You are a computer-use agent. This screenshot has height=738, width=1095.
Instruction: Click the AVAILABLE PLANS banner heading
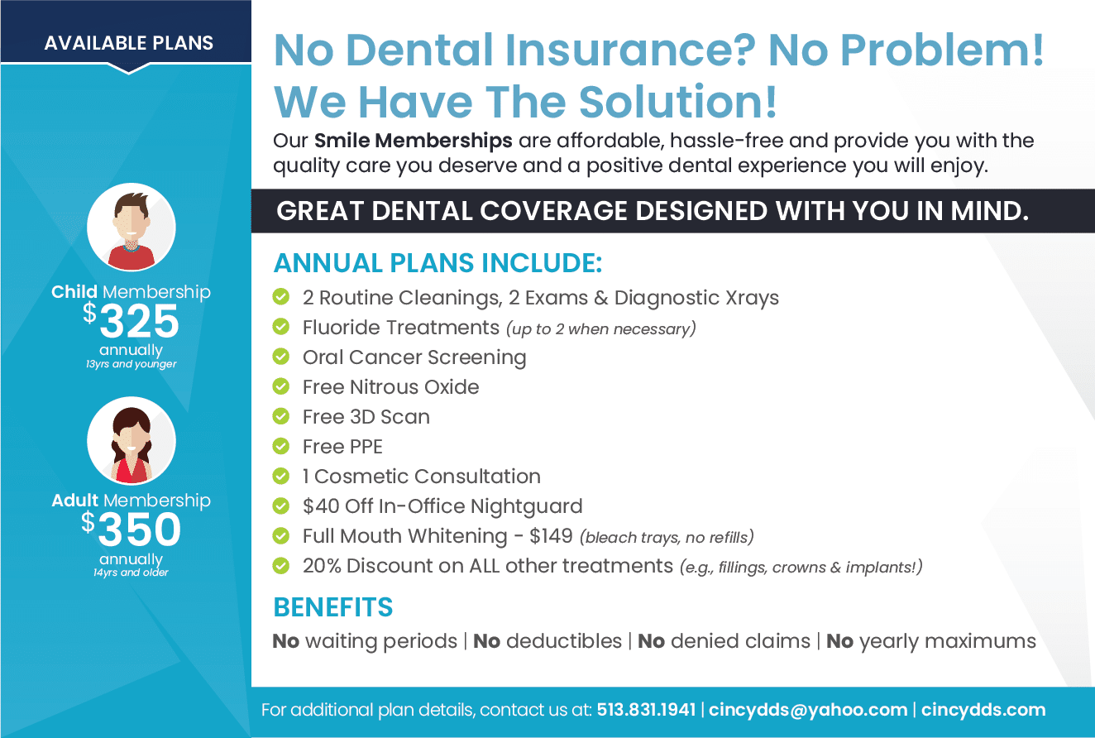(128, 43)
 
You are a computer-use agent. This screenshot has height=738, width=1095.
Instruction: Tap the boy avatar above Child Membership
(131, 228)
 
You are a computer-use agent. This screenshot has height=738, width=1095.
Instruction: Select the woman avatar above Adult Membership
(131, 441)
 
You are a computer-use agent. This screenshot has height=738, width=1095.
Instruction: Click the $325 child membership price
(131, 320)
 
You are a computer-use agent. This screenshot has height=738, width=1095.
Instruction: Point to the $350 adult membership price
(131, 529)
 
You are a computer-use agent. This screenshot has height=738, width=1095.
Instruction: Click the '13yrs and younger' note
(131, 364)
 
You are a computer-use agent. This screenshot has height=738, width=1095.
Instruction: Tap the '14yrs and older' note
(131, 573)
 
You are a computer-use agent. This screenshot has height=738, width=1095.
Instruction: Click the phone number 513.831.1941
(646, 710)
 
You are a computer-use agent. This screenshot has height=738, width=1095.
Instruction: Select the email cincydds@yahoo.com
(807, 710)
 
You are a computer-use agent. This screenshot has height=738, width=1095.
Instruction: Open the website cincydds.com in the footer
(983, 710)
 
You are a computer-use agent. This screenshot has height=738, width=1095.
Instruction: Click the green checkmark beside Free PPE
(281, 446)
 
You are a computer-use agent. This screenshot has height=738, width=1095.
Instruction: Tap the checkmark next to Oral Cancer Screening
(281, 357)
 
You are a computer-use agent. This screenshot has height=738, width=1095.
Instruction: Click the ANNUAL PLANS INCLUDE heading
(438, 263)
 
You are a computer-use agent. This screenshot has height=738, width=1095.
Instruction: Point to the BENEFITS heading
(333, 607)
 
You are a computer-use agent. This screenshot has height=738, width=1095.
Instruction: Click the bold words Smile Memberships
(413, 141)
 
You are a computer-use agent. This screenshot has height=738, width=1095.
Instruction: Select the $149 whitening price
(551, 536)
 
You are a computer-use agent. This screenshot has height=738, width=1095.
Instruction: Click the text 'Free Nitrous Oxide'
(390, 387)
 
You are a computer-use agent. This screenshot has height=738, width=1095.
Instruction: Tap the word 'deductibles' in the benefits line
(564, 640)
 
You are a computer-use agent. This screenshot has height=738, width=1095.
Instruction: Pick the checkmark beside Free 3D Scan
(281, 416)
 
